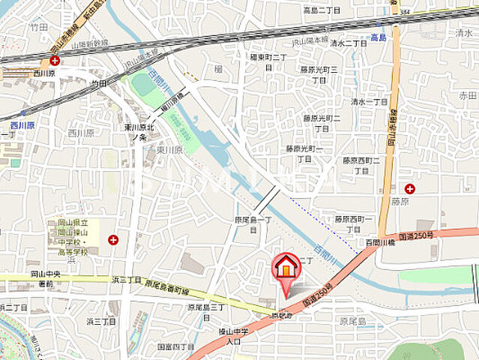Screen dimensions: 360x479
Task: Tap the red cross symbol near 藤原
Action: pos(409,188)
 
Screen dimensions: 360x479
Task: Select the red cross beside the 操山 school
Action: pos(112,240)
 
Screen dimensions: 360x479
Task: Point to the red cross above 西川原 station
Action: pos(55,60)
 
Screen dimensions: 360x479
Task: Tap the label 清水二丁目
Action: pos(350,43)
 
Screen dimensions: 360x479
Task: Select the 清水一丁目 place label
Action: pos(369,102)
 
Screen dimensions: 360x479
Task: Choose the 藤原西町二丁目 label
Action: pos(362,165)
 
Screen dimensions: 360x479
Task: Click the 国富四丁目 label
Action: pos(175,347)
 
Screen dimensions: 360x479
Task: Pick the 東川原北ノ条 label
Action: pos(139,132)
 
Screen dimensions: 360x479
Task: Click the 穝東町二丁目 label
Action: pos(269,61)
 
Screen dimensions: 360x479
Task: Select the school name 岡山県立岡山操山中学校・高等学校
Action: pos(73,239)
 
